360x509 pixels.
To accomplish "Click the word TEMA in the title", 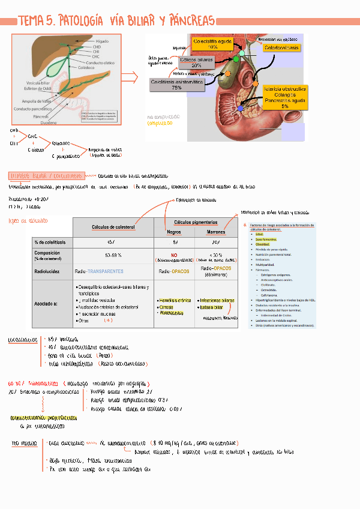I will [x=31, y=21].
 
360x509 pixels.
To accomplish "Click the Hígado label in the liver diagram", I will [x=102, y=41].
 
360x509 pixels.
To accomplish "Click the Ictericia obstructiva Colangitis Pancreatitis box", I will [x=284, y=97].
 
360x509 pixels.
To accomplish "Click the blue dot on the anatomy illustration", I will [x=241, y=108].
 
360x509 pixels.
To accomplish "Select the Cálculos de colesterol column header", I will [x=113, y=226].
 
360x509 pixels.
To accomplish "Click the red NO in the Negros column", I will [x=174, y=254].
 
